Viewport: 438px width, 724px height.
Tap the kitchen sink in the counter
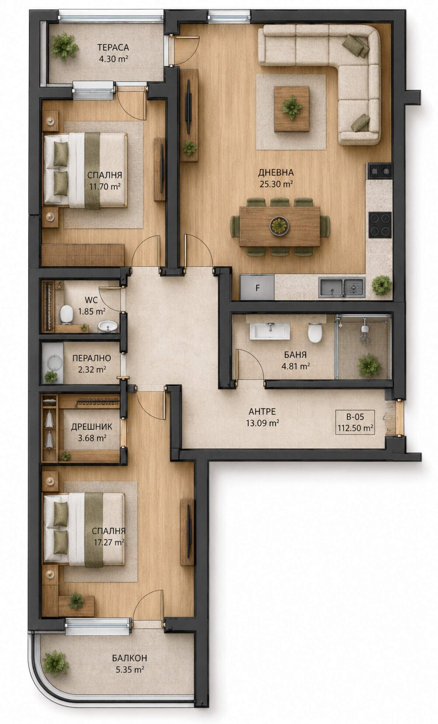point(342,287)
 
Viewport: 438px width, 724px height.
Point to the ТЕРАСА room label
point(113,47)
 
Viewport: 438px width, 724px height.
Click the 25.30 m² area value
point(276,184)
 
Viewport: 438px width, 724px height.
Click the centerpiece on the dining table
point(278,226)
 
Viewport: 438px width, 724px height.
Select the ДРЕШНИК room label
point(92,427)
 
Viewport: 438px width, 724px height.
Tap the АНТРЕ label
point(262,412)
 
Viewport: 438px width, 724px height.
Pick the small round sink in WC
point(107,326)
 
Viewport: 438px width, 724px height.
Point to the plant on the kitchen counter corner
point(381,285)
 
